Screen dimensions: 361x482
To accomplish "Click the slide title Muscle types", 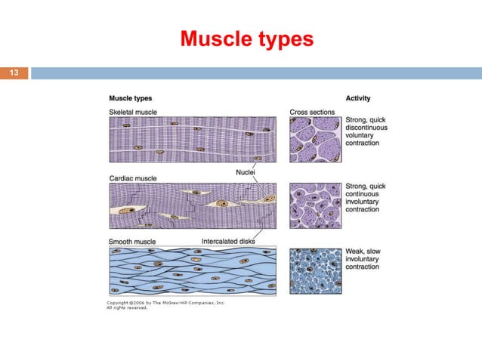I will point(246,39).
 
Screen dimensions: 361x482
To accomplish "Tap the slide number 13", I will point(14,73).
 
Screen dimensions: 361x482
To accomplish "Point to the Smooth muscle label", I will point(133,242).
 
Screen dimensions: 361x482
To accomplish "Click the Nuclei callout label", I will point(244,172).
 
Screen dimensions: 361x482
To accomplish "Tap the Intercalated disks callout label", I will point(230,242).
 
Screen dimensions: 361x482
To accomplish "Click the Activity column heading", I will point(358,99).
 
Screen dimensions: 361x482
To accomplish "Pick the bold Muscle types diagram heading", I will point(131,99).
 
